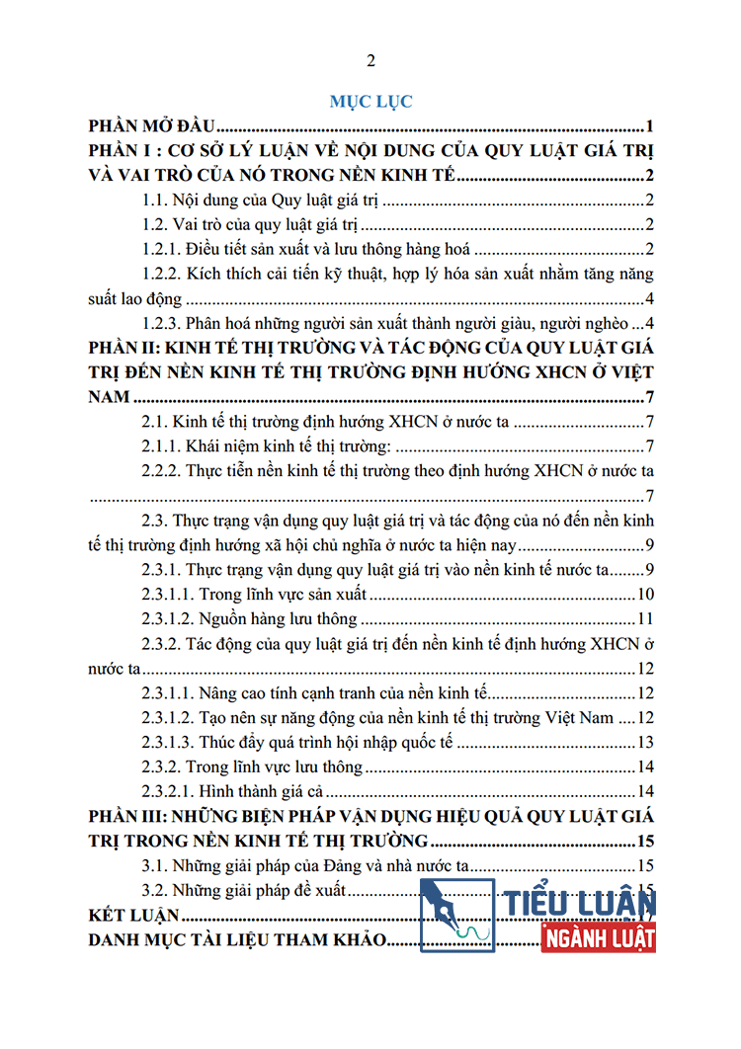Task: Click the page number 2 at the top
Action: (370, 61)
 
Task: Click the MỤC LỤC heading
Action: (370, 101)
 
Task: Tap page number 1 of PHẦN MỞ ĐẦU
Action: (650, 126)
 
